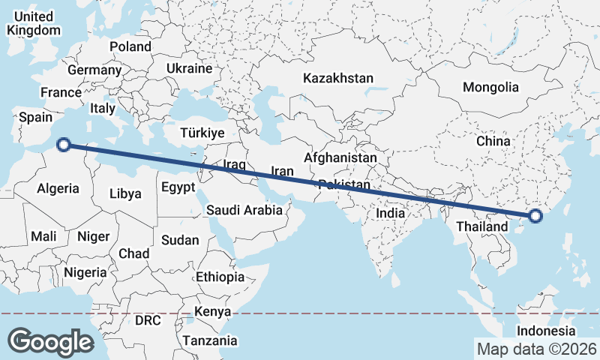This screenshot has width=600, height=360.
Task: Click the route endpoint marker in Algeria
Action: click(x=64, y=145)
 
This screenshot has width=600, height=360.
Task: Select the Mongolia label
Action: click(x=490, y=88)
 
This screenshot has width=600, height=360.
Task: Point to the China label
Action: click(x=493, y=141)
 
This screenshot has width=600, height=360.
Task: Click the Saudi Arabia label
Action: click(x=245, y=211)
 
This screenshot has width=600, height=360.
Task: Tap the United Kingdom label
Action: click(x=32, y=23)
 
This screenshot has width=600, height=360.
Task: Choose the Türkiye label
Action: click(x=202, y=133)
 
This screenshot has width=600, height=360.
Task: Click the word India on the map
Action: click(x=390, y=213)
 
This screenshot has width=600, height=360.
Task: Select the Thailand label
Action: click(x=479, y=225)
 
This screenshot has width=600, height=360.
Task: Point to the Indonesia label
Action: click(x=546, y=331)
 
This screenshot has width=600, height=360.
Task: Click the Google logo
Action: click(x=50, y=341)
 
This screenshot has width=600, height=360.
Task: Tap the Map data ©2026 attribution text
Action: click(x=537, y=349)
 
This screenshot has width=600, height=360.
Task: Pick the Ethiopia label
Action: click(x=220, y=277)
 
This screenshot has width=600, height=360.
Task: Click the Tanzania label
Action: click(x=210, y=340)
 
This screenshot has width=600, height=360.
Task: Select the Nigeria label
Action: click(x=85, y=272)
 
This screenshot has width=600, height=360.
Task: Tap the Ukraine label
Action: click(x=190, y=68)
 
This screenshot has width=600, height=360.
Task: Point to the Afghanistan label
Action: click(x=340, y=158)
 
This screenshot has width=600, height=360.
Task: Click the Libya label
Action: click(x=125, y=193)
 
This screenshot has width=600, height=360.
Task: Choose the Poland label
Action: click(x=130, y=46)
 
